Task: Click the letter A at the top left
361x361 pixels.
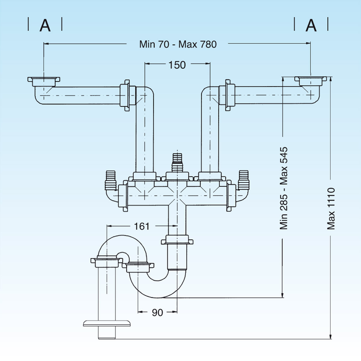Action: (45, 26)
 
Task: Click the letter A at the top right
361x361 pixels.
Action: (311, 26)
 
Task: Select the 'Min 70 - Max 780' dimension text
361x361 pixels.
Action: (178, 45)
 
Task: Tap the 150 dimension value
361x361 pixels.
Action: (177, 65)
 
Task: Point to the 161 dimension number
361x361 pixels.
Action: (141, 226)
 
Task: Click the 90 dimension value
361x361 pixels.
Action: (157, 313)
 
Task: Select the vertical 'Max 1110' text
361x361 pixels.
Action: (331, 209)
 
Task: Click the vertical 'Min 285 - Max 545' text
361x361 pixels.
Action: (284, 188)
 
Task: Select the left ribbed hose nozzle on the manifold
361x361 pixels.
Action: (110, 180)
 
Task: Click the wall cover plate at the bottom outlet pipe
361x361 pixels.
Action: (107, 323)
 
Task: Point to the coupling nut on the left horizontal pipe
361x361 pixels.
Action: (125, 95)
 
